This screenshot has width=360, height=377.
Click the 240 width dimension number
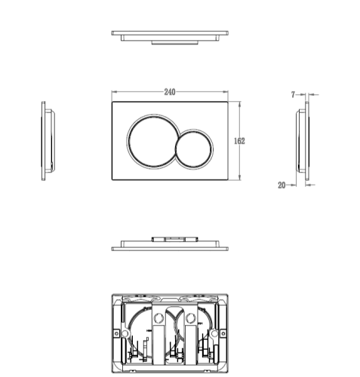tap(170, 92)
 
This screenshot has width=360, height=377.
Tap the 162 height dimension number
tap(240, 141)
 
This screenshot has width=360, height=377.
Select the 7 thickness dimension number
tap(292, 96)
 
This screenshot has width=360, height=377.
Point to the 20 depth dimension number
tap(282, 184)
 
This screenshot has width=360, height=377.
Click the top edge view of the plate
tap(170, 36)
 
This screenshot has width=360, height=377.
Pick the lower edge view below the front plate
tap(170, 244)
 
